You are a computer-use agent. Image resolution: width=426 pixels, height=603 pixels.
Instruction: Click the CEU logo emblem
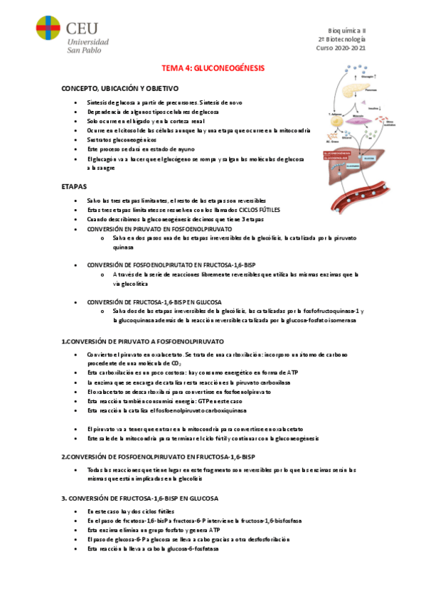pos(48,33)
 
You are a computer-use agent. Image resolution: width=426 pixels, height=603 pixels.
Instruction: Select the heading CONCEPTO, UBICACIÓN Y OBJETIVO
pos(119,88)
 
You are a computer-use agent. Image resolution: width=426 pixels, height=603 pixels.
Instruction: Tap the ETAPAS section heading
pos(75,186)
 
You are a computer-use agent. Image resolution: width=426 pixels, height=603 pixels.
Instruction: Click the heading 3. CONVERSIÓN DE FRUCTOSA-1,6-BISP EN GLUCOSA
pos(139,497)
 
